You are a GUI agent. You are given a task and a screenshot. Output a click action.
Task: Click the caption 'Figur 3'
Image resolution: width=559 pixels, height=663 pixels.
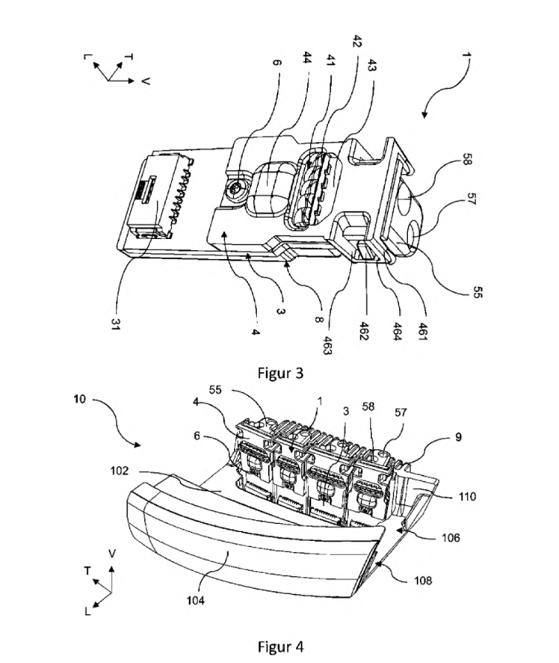coord(281,373)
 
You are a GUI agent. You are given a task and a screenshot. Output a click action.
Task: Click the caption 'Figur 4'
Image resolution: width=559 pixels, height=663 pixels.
coord(281,647)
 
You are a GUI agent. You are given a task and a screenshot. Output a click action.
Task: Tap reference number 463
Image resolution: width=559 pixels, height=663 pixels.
coord(327,345)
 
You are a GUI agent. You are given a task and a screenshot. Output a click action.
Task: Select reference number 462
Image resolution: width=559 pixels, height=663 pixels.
coord(364,330)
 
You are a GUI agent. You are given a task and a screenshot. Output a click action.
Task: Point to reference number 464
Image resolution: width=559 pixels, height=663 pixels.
coord(397,331)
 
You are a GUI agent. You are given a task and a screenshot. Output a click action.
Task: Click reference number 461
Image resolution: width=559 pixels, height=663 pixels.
coord(424,331)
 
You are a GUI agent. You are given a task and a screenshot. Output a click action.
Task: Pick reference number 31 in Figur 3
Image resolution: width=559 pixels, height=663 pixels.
coord(115,324)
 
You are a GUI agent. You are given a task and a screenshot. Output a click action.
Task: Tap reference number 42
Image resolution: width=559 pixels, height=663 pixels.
coord(357,42)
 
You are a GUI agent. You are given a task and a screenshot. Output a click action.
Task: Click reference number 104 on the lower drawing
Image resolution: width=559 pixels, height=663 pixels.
coord(195,600)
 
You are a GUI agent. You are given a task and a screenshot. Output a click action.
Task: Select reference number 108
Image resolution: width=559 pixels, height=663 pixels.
coord(423,580)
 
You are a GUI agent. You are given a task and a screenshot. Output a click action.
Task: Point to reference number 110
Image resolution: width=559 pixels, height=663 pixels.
coord(467,496)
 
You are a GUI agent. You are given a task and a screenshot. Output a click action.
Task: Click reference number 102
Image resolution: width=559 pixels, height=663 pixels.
coord(119,471)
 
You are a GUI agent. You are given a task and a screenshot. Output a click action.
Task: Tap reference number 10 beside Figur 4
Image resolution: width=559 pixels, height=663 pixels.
coord(79,399)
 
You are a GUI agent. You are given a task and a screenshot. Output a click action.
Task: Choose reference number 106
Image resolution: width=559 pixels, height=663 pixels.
coord(451,538)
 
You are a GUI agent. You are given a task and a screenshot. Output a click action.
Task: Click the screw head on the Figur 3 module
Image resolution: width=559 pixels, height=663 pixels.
coord(235,192)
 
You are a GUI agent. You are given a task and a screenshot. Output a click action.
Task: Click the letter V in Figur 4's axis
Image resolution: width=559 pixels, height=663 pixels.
coord(112,553)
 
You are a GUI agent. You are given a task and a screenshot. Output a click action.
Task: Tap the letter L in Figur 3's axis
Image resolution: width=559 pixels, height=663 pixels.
coord(88,55)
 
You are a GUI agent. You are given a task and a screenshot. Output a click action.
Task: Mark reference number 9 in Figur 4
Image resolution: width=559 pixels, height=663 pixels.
coord(458,437)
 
